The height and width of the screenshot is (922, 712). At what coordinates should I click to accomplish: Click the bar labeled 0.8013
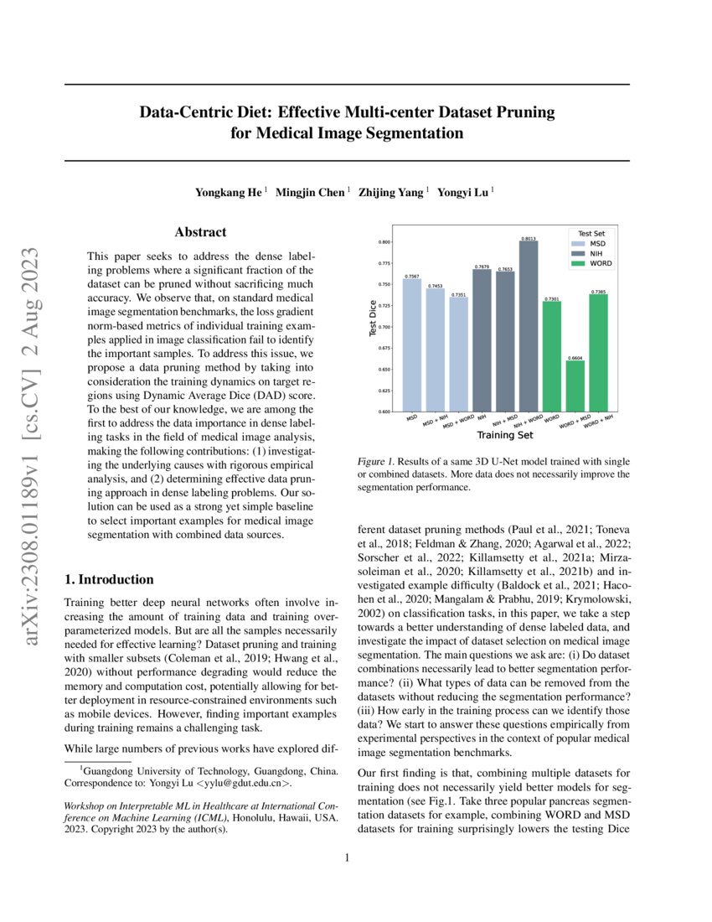tap(529, 327)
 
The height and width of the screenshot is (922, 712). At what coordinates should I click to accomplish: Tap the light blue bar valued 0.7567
tap(412, 345)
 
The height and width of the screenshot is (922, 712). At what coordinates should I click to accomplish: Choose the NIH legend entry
tap(597, 252)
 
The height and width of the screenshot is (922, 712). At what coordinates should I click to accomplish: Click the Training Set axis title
tap(504, 436)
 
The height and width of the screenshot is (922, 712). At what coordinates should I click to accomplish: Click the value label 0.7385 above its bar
tap(598, 292)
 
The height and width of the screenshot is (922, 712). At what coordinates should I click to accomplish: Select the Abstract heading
tap(200, 232)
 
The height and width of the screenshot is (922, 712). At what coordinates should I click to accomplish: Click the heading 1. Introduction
tap(109, 579)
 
